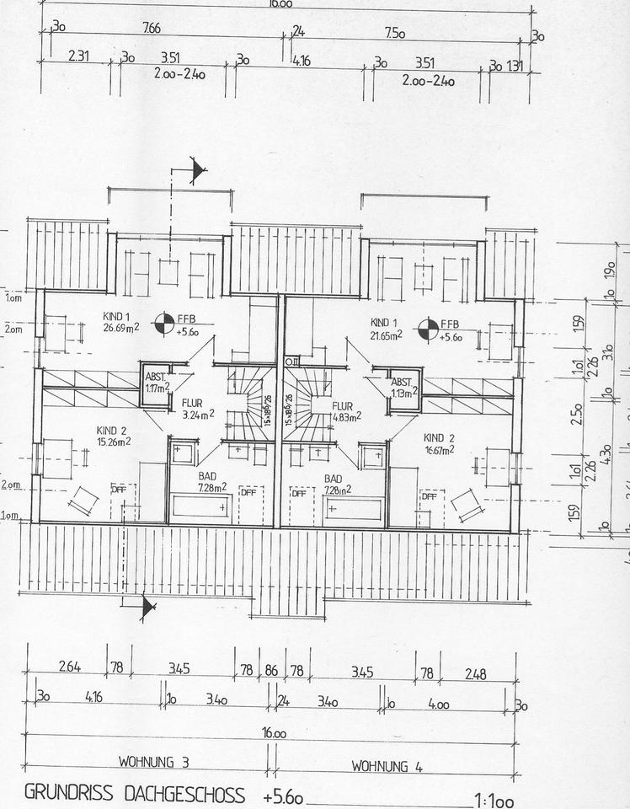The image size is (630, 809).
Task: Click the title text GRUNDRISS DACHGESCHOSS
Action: click(135, 794)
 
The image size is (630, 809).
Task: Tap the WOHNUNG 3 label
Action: click(153, 763)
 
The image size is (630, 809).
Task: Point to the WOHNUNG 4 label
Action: click(387, 765)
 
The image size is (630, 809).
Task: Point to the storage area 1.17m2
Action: click(154, 388)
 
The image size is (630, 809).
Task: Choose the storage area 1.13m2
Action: click(403, 393)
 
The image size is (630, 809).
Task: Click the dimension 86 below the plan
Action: click(271, 671)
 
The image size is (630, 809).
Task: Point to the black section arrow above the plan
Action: click(198, 172)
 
